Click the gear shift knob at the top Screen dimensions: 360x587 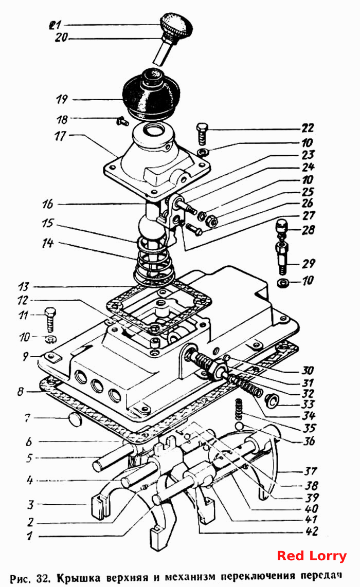[176, 24]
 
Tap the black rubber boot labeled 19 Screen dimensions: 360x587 [151, 93]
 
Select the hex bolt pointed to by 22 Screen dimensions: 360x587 [201, 133]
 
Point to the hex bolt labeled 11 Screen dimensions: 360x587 [50, 319]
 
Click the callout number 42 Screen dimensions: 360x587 [311, 531]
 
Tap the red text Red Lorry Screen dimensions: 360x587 [312, 556]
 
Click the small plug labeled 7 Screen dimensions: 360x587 [75, 419]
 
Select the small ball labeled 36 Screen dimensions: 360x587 [240, 426]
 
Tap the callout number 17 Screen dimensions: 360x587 [60, 136]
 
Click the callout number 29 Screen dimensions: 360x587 [308, 264]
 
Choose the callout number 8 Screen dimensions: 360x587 [20, 392]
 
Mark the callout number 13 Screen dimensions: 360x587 [23, 287]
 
